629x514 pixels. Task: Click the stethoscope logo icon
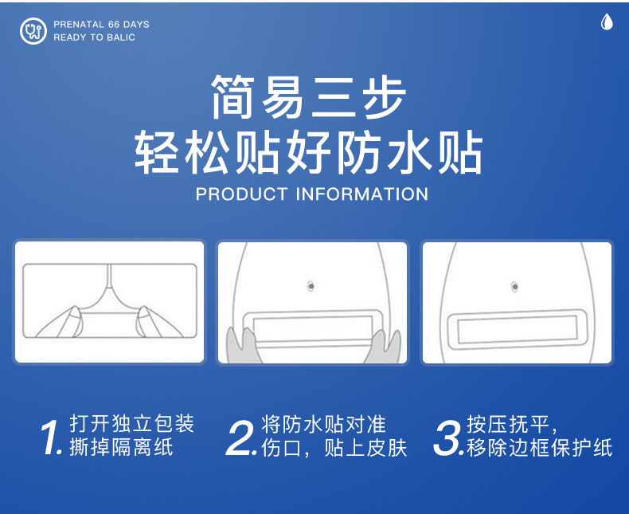33,31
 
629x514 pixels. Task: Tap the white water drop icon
607,22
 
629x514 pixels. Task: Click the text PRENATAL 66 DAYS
101,25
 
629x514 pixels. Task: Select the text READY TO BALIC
94,37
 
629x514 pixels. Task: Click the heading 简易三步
309,97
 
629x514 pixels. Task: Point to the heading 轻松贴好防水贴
309,153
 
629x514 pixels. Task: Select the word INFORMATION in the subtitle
362,194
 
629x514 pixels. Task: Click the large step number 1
52,437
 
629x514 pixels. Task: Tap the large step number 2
242,437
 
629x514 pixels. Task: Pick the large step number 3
448,437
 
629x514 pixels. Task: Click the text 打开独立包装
131,423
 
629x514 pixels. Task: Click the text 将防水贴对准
323,423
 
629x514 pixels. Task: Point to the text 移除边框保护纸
539,448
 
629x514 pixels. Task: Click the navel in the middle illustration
311,285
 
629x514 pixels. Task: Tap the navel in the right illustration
515,285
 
